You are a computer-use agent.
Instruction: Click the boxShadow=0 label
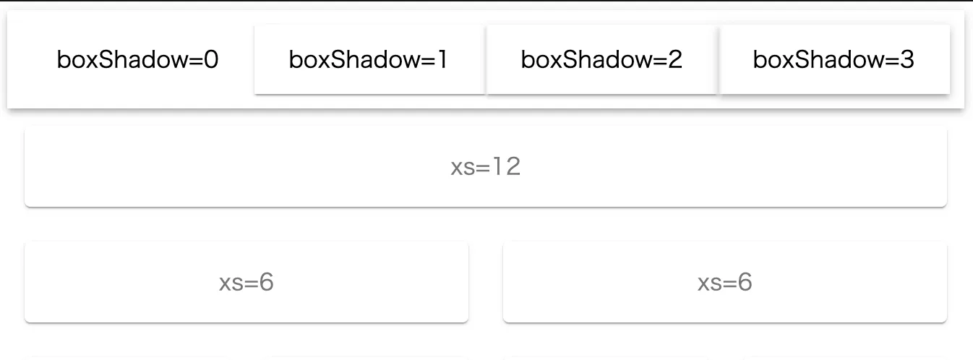tap(137, 59)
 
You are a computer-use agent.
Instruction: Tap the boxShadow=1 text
tap(369, 59)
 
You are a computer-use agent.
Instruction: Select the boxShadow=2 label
tap(601, 59)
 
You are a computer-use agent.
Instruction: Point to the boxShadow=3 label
tap(833, 59)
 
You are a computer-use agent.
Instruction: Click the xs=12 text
tap(486, 166)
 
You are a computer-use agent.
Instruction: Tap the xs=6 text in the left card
tap(247, 282)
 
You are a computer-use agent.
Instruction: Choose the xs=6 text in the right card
tap(725, 282)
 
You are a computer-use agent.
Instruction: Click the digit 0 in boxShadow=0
tap(211, 59)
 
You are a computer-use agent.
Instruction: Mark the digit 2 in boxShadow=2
tap(675, 59)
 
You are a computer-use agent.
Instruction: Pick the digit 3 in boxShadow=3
tap(907, 59)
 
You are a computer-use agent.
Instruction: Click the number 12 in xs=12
tap(507, 166)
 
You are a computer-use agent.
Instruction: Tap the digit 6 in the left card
tap(267, 282)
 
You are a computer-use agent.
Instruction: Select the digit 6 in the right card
tap(745, 282)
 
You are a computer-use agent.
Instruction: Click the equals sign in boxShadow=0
tap(195, 61)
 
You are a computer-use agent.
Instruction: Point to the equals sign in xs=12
tap(483, 168)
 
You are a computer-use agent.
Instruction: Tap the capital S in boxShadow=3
tap(801, 59)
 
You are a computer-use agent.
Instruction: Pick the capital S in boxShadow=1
tap(337, 59)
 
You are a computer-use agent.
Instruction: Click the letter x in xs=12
tap(457, 168)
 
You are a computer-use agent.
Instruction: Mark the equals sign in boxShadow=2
tap(659, 61)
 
